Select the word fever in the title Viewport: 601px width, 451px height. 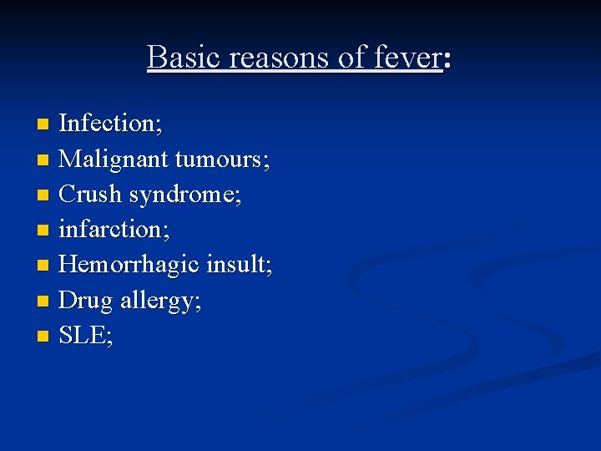(x=409, y=58)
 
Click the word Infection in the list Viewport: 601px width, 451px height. (x=107, y=124)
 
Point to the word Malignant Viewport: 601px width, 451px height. (x=114, y=159)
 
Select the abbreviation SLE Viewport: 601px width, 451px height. (x=82, y=335)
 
